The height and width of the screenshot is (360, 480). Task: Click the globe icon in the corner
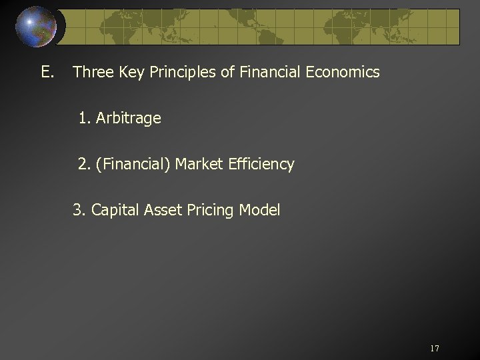pos(37,26)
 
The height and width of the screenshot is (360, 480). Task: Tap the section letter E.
pos(47,72)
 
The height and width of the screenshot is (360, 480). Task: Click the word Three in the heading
pos(92,72)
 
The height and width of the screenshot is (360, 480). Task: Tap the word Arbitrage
pos(129,119)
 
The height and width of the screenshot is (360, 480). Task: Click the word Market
pos(199,164)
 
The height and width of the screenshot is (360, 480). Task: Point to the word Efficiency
pos(261,164)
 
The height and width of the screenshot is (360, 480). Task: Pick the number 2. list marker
pos(84,164)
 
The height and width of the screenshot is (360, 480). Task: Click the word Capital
pos(113,211)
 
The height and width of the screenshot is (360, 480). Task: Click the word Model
pos(259,211)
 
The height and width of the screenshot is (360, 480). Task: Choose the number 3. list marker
pos(79,211)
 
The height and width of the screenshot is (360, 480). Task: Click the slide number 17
pos(435,349)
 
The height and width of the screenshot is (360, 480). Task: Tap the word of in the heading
pos(227,72)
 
